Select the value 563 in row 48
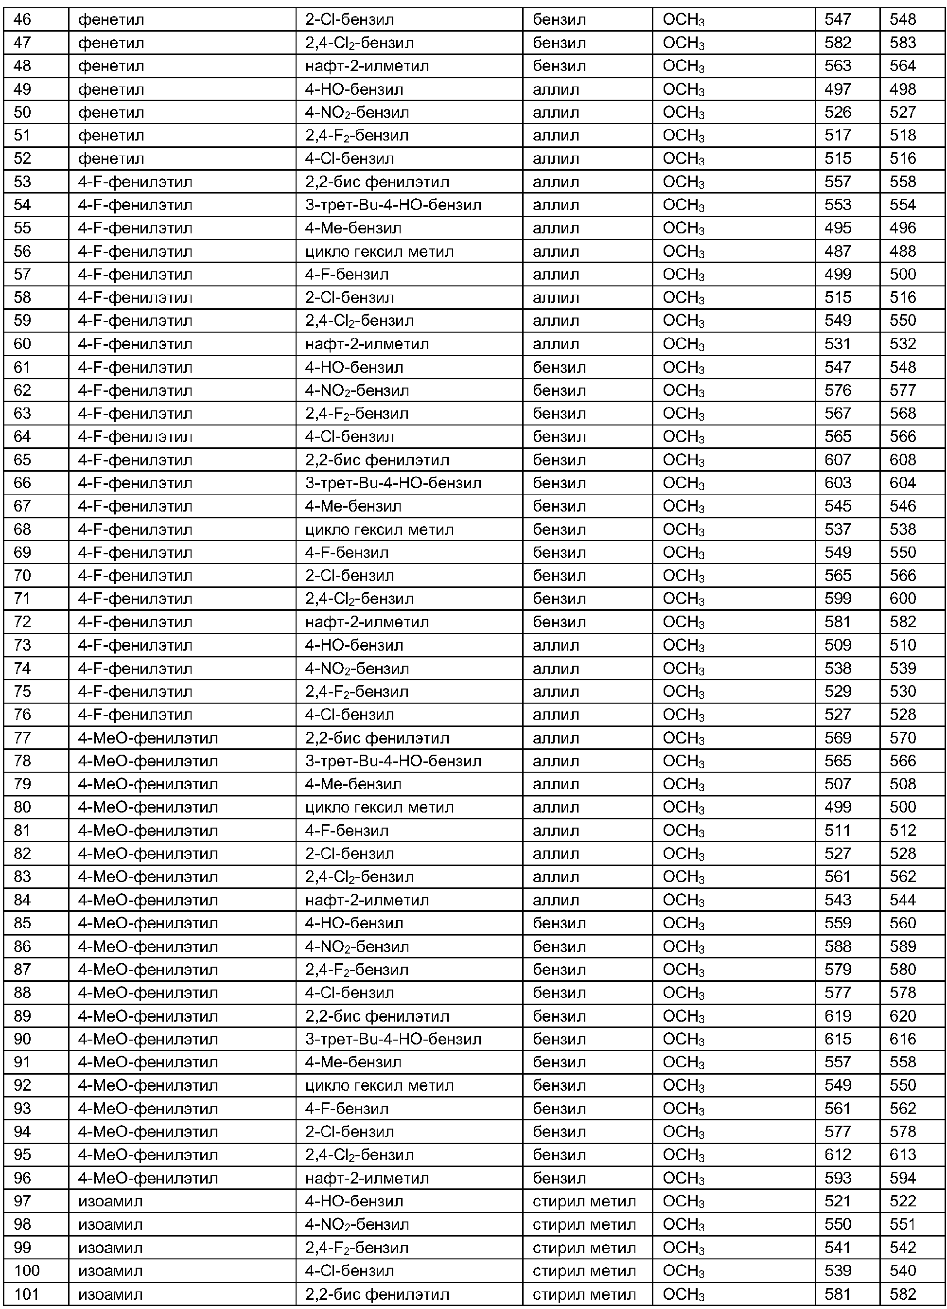(x=837, y=66)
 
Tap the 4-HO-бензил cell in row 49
(x=354, y=89)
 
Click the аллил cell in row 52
(x=555, y=159)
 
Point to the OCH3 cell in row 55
(x=684, y=229)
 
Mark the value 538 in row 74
(x=837, y=668)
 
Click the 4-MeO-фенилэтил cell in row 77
(x=148, y=738)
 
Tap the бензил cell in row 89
(x=559, y=1016)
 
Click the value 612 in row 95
(x=837, y=1155)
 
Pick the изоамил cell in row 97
(x=110, y=1202)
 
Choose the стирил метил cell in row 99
(x=584, y=1248)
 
